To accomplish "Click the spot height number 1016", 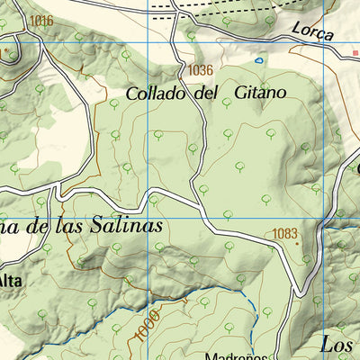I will pyautogui.click(x=40, y=21).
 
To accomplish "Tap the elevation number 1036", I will pyautogui.click(x=202, y=69).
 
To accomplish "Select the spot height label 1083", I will pyautogui.click(x=284, y=234).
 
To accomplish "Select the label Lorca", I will pyautogui.click(x=311, y=33).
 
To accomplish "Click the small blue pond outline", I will pyautogui.click(x=259, y=61).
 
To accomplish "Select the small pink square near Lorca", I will pyautogui.click(x=355, y=53).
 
